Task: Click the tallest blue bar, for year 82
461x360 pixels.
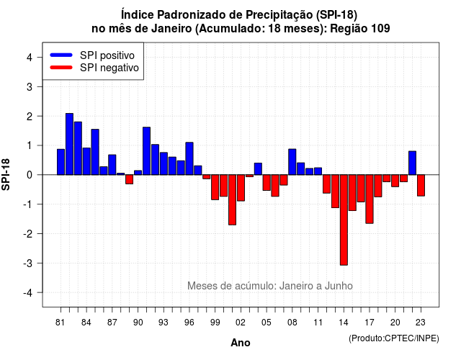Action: [x=69, y=144]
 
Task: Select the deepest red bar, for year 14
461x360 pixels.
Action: [x=344, y=220]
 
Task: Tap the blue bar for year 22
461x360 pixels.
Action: [x=413, y=163]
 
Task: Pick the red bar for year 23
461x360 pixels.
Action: [x=421, y=185]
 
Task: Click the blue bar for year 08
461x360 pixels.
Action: [x=292, y=162]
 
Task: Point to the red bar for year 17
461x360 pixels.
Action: [x=370, y=199]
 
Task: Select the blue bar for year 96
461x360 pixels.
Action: [x=189, y=158]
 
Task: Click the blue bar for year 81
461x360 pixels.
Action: [x=61, y=162]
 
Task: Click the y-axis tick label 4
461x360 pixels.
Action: [x=30, y=58]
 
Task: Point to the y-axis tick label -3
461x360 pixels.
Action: [x=28, y=263]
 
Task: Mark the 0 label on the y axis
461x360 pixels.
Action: [x=30, y=175]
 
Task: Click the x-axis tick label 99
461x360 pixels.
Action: [x=215, y=323]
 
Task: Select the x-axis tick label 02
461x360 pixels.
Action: [x=241, y=323]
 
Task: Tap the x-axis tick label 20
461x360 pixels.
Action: [x=395, y=323]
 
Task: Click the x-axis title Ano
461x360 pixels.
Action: [x=241, y=343]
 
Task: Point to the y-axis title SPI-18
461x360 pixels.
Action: [x=6, y=174]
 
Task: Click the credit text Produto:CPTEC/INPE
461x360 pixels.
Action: [x=394, y=338]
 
